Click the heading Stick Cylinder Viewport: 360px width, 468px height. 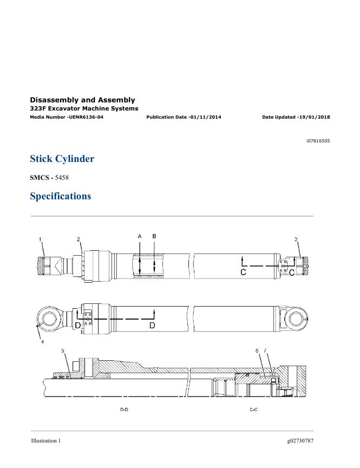pos(62,159)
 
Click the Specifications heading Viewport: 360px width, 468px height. pos(61,196)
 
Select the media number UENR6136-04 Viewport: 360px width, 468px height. pos(86,117)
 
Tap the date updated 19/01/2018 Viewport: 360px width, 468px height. pos(315,117)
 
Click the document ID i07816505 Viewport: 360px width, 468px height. pos(318,141)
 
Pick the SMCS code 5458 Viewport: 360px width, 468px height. pos(62,178)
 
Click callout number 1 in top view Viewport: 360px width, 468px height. pos(40,239)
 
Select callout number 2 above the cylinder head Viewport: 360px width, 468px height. pos(78,239)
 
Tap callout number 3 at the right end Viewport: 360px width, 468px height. pos(296,239)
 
